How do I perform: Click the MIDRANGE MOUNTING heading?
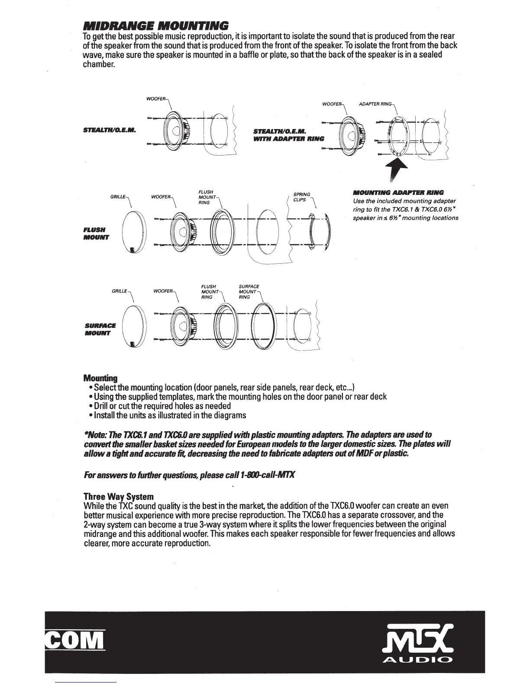point(155,26)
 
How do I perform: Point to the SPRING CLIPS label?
point(302,197)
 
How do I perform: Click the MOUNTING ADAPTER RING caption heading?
point(398,192)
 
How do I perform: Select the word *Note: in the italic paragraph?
point(95,434)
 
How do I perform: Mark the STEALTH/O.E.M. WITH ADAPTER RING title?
point(288,135)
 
